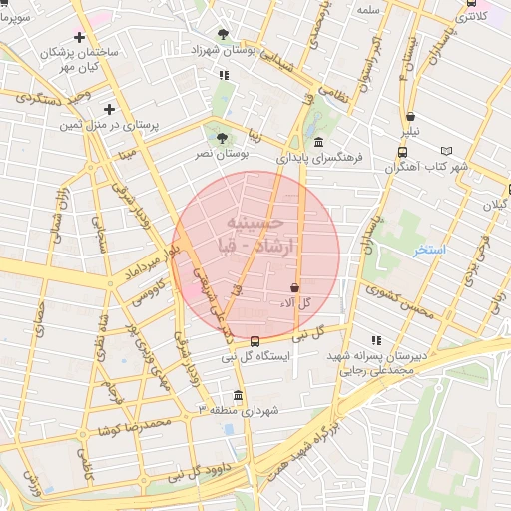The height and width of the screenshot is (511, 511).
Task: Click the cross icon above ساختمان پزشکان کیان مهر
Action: [x=80, y=37]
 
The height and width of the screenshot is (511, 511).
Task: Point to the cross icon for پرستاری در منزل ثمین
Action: [x=109, y=109]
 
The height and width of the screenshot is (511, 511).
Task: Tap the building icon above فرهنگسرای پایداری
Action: [x=318, y=143]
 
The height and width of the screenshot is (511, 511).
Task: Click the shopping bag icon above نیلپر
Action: [x=411, y=117]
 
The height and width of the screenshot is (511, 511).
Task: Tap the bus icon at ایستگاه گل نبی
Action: [x=255, y=340]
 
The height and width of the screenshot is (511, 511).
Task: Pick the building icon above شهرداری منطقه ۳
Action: [x=238, y=395]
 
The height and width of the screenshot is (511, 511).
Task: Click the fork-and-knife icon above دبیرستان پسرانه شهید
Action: [x=375, y=340]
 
